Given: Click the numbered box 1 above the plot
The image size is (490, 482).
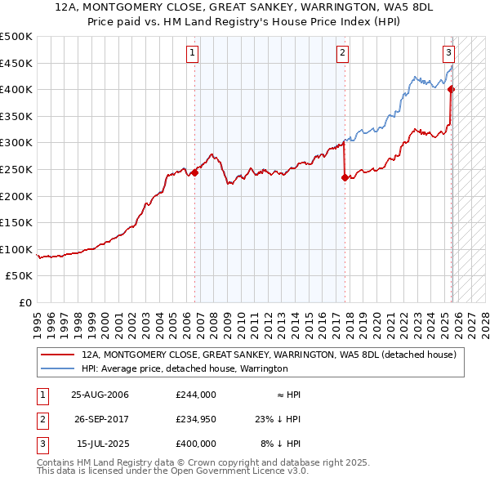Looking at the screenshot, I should [192, 54].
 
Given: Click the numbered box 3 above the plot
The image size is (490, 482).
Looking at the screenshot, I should [448, 54].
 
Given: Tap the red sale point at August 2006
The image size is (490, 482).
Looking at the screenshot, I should [195, 172].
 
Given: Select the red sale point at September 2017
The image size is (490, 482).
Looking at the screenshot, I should [345, 177].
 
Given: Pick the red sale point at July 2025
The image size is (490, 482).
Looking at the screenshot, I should [451, 90].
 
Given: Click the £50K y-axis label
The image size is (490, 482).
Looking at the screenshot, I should [20, 276].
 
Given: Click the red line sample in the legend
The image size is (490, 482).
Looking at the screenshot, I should [58, 355].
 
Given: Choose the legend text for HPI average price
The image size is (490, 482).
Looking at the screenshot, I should [185, 368].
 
